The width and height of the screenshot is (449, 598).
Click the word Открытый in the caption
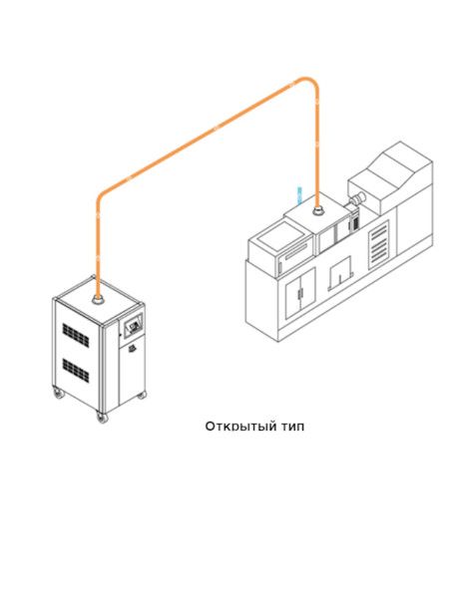240,427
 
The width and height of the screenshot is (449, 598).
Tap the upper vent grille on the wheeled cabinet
76,335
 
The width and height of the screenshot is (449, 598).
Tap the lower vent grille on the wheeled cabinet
76,371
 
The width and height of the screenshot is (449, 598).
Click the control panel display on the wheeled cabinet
134,326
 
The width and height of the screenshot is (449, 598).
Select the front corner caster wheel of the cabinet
102,418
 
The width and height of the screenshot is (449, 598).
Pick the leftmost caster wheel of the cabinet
59,394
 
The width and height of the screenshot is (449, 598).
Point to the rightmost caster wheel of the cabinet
142,395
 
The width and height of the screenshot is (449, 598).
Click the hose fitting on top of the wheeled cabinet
99,300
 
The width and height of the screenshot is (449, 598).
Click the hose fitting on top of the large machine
317,209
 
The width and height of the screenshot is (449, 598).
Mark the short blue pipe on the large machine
299,195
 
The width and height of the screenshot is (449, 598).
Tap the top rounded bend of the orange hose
307,81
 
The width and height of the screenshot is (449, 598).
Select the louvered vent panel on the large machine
379,242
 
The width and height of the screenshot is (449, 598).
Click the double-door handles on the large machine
300,293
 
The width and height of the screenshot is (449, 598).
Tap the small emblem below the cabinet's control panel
131,348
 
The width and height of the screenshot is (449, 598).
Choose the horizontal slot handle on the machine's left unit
294,253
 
